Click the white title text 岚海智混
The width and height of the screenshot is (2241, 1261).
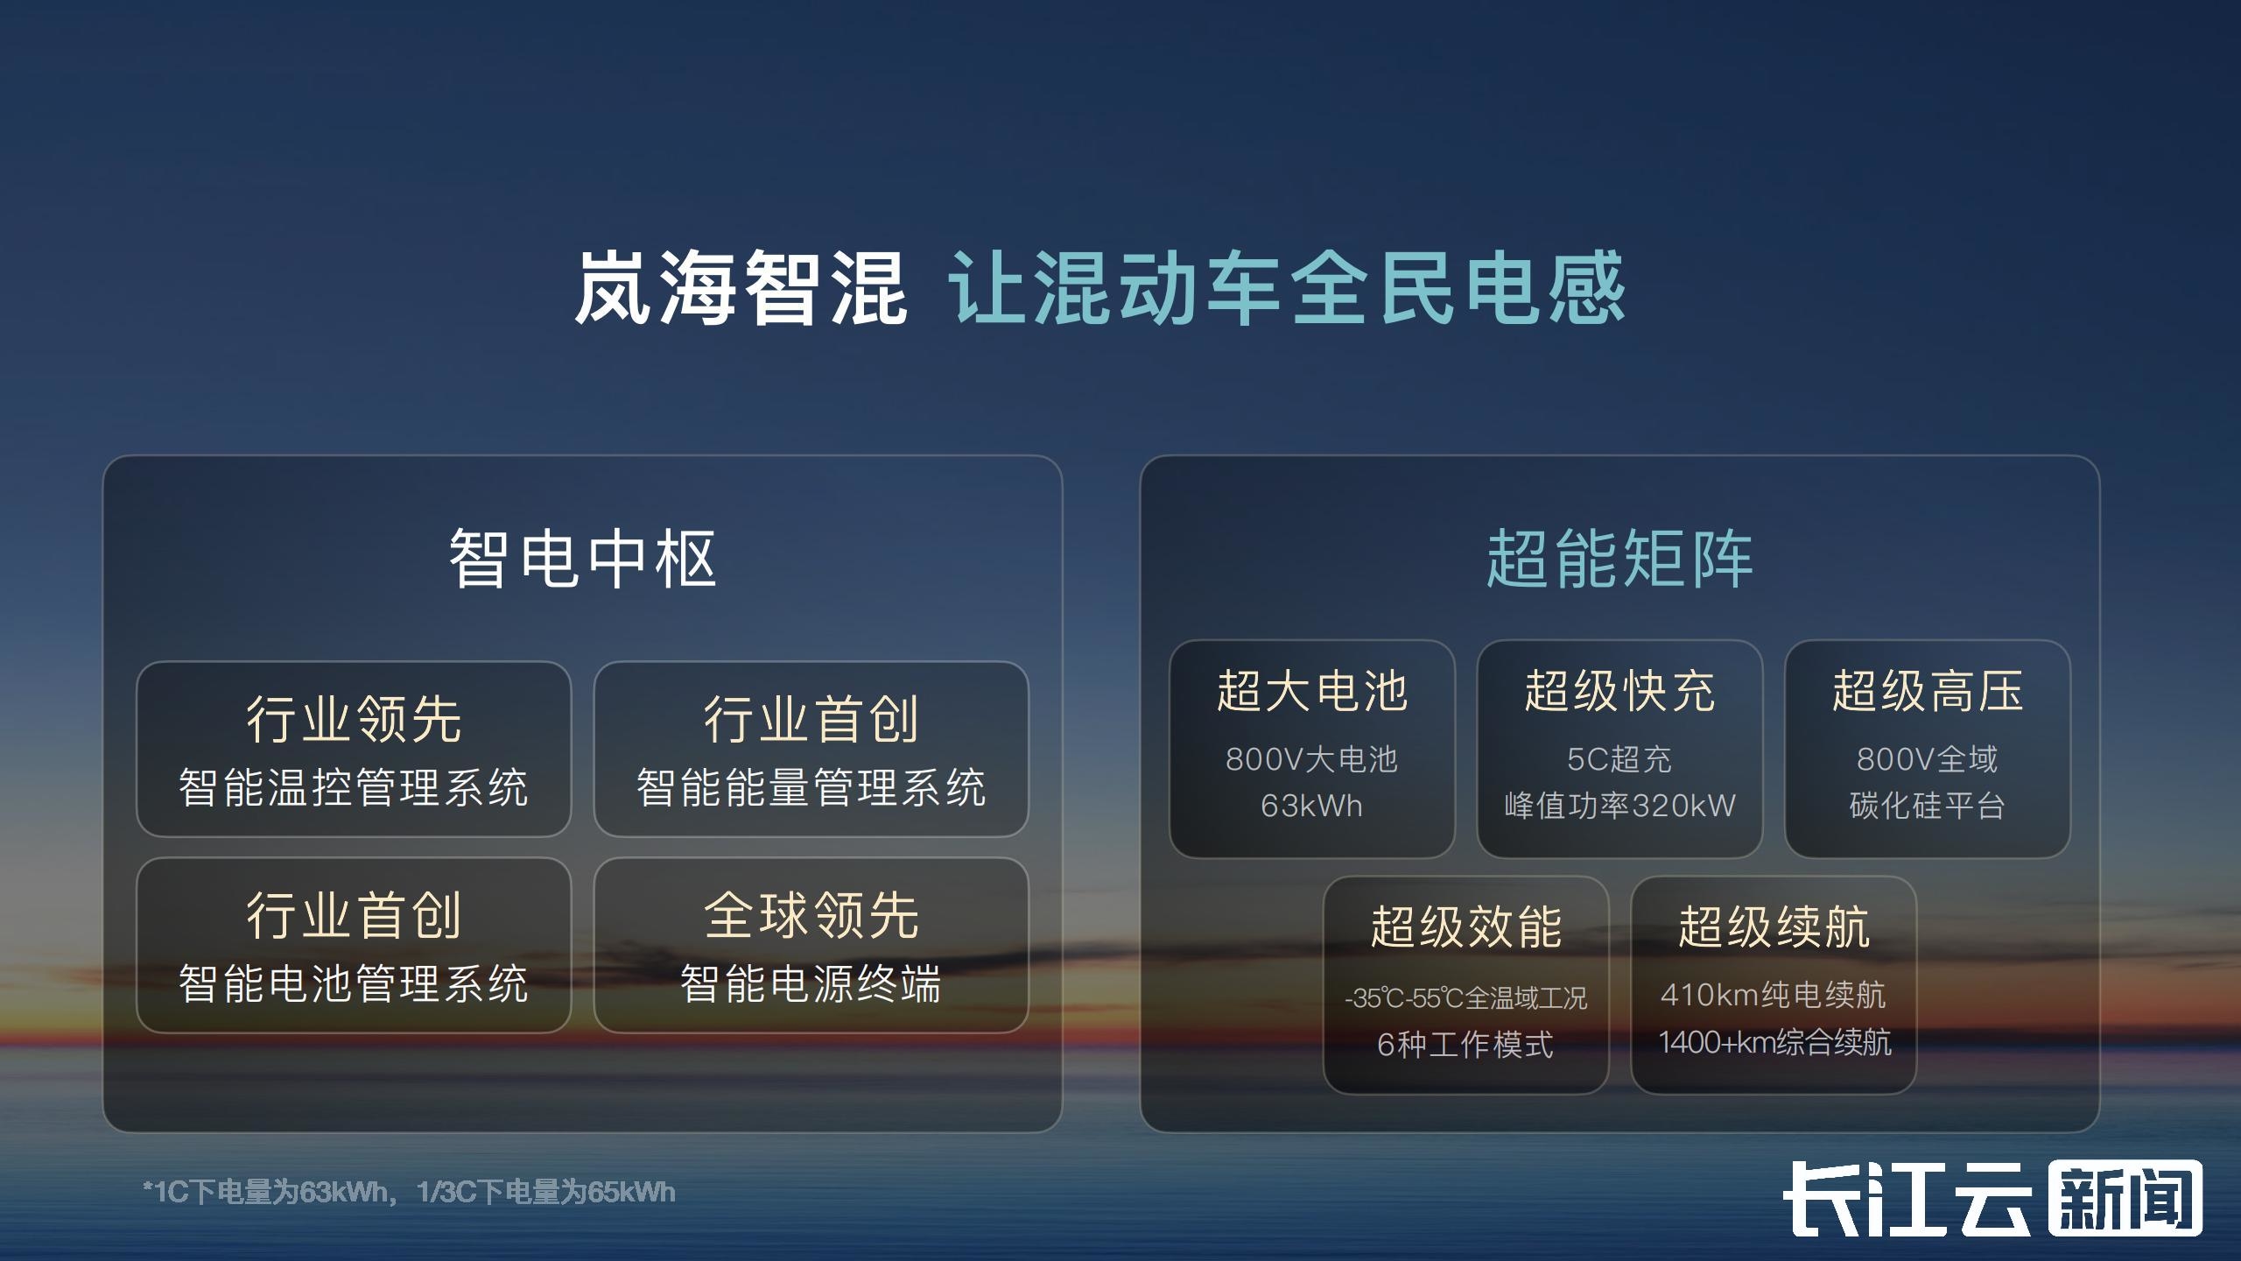coord(741,288)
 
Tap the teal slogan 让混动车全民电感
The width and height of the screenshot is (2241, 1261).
coord(1288,288)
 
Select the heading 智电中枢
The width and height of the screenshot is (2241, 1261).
coord(583,559)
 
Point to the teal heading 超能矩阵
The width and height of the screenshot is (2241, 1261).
coord(1619,559)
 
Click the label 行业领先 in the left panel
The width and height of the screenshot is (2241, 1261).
coord(354,719)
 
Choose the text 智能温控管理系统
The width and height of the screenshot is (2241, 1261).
coord(354,787)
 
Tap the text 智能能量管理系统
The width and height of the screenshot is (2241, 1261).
coord(811,787)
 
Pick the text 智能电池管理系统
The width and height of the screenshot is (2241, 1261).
coord(354,983)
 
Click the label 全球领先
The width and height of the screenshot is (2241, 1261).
coord(811,915)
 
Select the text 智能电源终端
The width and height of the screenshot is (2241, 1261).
coord(811,983)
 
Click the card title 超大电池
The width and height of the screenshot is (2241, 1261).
coord(1312,691)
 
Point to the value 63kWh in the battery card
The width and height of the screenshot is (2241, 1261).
coord(1312,806)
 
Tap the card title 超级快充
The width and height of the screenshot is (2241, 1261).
coord(1619,691)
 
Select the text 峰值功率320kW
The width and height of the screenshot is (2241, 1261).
coord(1619,806)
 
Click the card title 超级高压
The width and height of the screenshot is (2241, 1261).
coord(1928,691)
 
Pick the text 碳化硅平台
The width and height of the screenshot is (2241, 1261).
coord(1928,806)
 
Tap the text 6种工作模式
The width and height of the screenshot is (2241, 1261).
coord(1465,1045)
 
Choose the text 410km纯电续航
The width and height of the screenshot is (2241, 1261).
coord(1774,995)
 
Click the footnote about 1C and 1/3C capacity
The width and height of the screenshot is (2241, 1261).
coord(409,1192)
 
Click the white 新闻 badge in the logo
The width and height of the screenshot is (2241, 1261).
coord(2125,1198)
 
